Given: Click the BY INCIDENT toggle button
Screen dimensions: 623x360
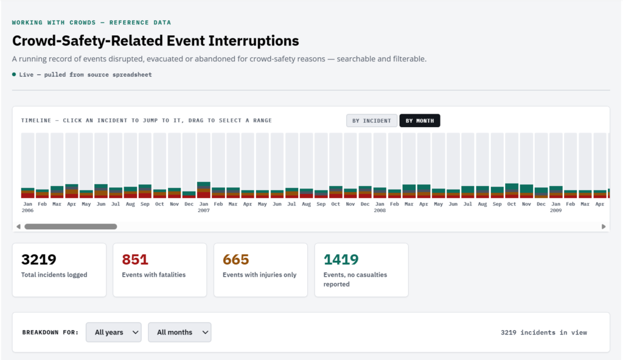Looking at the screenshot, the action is (x=372, y=121).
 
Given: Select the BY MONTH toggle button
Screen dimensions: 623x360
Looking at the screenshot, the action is (x=420, y=121).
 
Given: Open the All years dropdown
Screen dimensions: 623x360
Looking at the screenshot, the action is (x=114, y=332).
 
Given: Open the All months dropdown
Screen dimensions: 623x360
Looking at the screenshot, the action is (x=179, y=332).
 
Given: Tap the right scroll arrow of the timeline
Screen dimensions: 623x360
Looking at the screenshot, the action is (x=604, y=226).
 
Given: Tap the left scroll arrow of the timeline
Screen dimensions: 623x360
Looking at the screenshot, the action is (x=18, y=226).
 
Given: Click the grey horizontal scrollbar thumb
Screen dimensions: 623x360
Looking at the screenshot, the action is (x=71, y=226).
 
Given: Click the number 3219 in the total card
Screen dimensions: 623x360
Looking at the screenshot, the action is (x=38, y=260).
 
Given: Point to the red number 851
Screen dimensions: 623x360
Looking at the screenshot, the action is (x=135, y=260).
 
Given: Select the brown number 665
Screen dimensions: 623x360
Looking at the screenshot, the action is (x=236, y=260).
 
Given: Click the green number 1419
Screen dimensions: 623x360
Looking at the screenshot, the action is (x=341, y=260).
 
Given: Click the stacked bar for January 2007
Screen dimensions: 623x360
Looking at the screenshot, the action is (x=204, y=190).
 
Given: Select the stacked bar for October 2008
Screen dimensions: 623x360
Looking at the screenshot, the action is (x=512, y=191).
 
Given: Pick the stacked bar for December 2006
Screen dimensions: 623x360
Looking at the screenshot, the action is (x=189, y=195).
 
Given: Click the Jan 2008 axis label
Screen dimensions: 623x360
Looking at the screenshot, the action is (x=380, y=207).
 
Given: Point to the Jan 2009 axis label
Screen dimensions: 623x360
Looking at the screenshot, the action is (x=556, y=207).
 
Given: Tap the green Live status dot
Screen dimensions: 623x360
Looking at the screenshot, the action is (x=14, y=74).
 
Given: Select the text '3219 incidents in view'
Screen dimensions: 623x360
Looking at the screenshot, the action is (x=544, y=333).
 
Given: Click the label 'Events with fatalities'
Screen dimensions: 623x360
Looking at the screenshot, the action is (x=154, y=275).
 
